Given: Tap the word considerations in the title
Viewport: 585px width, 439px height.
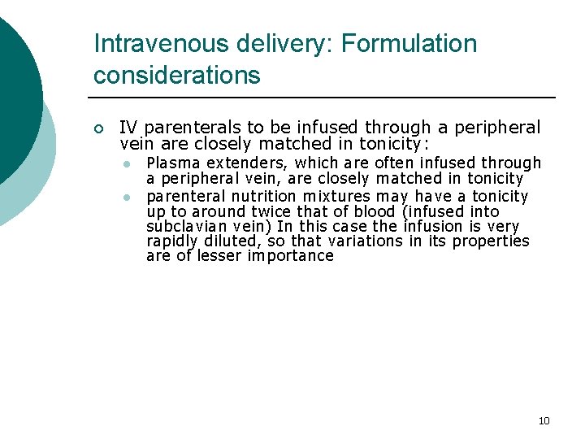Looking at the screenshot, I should click(177, 76).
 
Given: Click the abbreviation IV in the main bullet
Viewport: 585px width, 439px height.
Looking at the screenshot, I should click(128, 128).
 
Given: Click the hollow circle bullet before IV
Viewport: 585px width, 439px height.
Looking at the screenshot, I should click(98, 128).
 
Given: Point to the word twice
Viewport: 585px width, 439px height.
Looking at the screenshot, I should click(279, 211).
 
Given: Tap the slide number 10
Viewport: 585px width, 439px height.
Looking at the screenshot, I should click(544, 420).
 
